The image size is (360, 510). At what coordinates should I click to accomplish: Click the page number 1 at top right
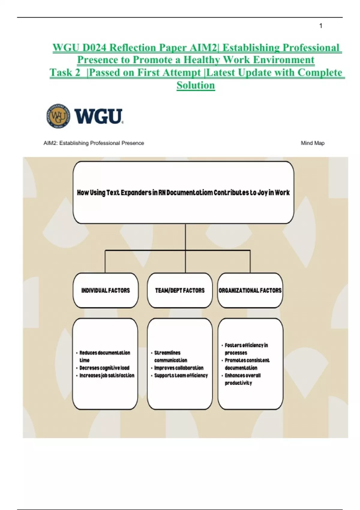[321, 26]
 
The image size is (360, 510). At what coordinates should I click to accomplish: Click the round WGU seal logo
[58, 116]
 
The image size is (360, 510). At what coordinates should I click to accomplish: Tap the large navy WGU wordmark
[98, 116]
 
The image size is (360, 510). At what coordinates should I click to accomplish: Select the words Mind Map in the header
[313, 143]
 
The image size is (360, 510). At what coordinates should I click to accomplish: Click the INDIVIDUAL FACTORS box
[106, 290]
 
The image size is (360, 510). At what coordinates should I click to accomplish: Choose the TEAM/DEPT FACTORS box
[180, 290]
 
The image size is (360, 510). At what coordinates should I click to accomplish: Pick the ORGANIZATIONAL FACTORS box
[250, 290]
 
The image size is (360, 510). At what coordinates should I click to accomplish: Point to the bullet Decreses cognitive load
[104, 368]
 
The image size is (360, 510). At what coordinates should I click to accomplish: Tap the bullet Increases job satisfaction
[107, 375]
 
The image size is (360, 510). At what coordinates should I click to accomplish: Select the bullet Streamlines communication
[170, 356]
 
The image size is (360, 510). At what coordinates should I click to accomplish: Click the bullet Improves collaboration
[179, 368]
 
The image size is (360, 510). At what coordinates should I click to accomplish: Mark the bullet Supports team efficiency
[181, 375]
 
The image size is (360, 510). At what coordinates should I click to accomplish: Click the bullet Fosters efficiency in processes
[246, 349]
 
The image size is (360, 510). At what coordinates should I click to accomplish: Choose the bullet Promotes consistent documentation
[247, 364]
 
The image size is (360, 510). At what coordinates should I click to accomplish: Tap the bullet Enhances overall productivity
[242, 379]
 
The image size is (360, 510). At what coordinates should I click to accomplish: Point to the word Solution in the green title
[196, 85]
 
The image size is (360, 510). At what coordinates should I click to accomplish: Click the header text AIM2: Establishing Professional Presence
[94, 143]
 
